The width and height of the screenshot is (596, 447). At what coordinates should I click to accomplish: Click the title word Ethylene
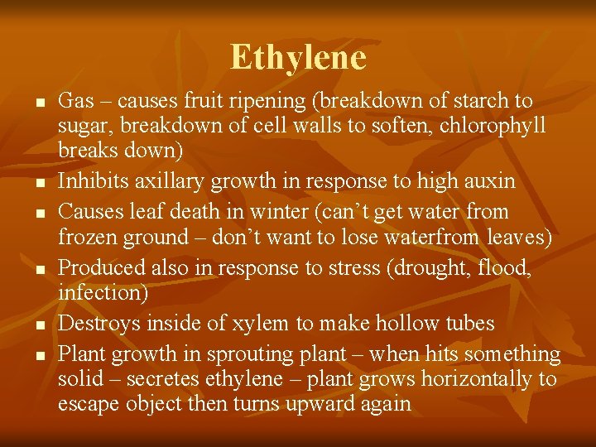pos(298,58)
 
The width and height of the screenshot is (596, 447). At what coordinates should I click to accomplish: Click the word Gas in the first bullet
pos(76,101)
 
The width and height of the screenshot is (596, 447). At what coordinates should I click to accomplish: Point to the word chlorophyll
pos(493,127)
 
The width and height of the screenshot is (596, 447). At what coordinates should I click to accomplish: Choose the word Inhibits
pos(90,181)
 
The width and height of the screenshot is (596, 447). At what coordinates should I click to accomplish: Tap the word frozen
pos(89,238)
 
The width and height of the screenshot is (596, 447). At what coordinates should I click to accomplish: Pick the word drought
pos(431,268)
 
